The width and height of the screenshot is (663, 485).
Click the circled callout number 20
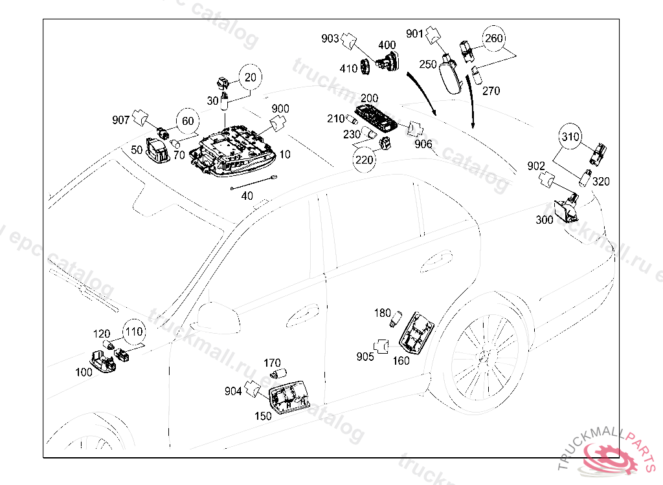(x=251, y=77)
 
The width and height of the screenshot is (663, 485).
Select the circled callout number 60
(x=186, y=120)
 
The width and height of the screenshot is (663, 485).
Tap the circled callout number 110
(x=133, y=332)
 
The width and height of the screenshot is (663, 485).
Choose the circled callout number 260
(x=494, y=39)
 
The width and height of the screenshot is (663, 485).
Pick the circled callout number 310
(x=570, y=137)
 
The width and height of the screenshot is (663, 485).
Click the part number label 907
(x=120, y=120)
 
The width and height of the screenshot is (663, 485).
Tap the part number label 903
(x=330, y=39)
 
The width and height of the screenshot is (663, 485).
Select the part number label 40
(x=247, y=195)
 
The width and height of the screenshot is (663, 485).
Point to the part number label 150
(x=263, y=416)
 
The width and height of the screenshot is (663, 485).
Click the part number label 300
(x=545, y=220)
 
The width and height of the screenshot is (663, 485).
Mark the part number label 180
(x=383, y=313)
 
